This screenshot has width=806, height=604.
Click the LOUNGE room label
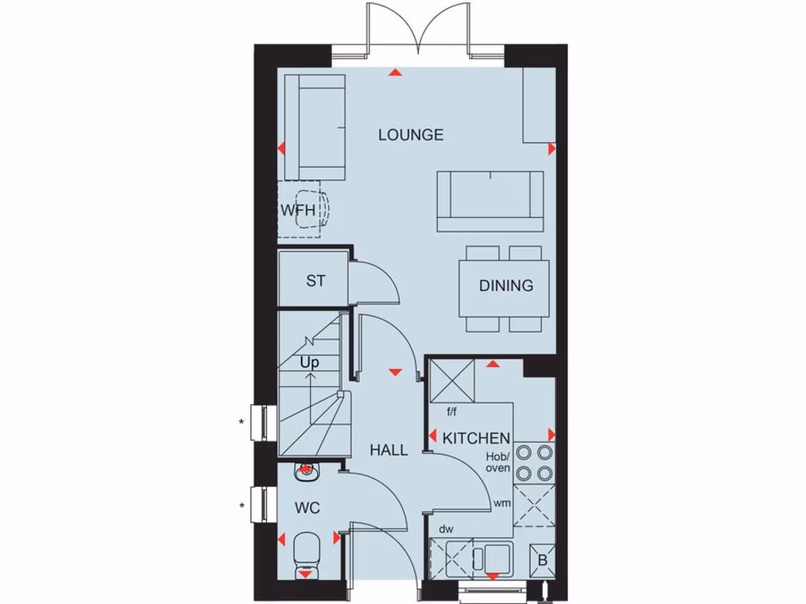(411, 134)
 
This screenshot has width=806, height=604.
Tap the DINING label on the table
(506, 285)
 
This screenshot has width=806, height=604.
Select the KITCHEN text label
(477, 438)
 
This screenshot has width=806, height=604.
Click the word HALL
(390, 450)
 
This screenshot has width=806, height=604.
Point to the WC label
(308, 508)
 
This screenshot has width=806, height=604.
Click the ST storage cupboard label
(316, 281)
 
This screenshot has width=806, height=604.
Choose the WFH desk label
(298, 211)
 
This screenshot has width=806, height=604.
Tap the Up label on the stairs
(309, 363)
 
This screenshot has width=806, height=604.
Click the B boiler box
(542, 561)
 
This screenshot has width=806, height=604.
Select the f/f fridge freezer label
(453, 411)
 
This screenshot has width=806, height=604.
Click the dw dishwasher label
(446, 529)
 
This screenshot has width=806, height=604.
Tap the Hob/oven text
(497, 462)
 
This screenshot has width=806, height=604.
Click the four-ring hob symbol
(534, 462)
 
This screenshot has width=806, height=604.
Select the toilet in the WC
(305, 553)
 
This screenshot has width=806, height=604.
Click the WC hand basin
(305, 472)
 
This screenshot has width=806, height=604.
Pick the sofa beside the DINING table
(490, 201)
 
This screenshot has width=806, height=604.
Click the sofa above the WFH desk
(315, 127)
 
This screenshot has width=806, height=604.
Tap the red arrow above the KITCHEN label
(494, 364)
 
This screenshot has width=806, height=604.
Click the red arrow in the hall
(394, 370)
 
